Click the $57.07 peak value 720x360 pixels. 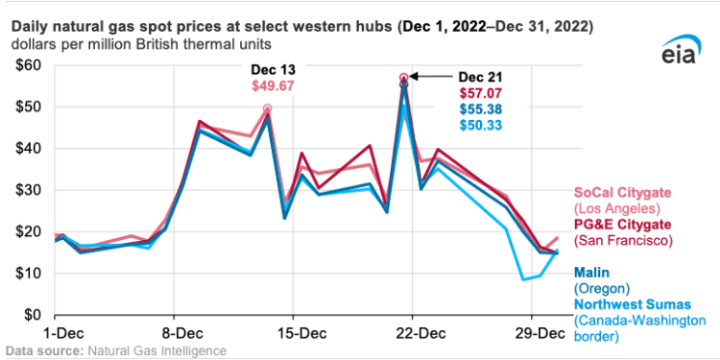click(x=479, y=93)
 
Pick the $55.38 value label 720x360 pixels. click(x=479, y=109)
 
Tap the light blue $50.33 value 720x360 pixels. click(x=479, y=126)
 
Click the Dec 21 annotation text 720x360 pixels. click(x=479, y=77)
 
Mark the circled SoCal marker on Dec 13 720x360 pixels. click(x=267, y=108)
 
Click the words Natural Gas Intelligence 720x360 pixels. click(x=160, y=350)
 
